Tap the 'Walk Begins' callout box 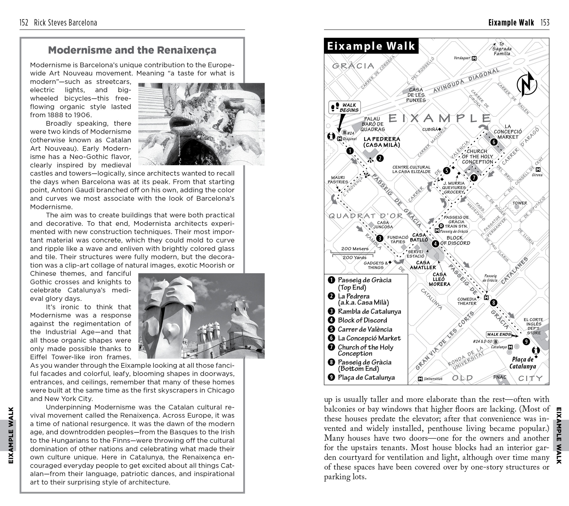tap(345, 108)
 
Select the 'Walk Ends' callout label tap(499, 335)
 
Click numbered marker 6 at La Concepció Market tap(493, 142)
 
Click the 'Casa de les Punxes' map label tap(416, 95)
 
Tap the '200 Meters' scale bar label tap(355, 249)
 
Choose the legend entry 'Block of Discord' tap(362, 320)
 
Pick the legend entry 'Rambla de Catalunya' tap(369, 311)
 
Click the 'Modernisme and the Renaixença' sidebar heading tap(132, 50)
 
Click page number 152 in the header tap(24, 23)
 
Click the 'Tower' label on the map tap(520, 203)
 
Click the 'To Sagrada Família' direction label tap(502, 49)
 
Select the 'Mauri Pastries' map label tap(338, 180)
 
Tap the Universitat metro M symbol tap(420, 379)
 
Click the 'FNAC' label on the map tap(500, 377)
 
